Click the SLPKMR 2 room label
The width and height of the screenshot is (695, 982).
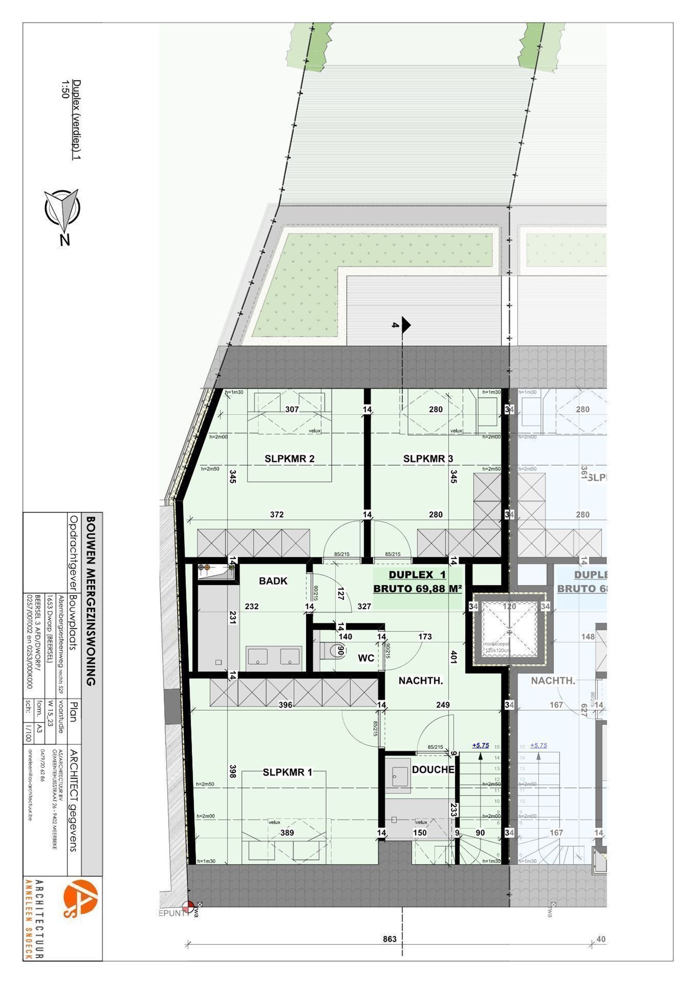(289, 458)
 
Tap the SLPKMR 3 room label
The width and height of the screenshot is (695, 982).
(428, 458)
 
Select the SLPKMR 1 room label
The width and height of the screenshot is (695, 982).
(287, 772)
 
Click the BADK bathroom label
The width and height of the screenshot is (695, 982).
(273, 581)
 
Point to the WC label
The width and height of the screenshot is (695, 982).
(366, 658)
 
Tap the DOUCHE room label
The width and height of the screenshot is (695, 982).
(433, 769)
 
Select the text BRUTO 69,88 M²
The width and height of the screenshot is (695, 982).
(417, 589)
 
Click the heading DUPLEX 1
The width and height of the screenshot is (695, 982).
(417, 574)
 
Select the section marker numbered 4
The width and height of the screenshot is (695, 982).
(403, 324)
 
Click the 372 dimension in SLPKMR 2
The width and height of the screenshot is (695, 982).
(277, 514)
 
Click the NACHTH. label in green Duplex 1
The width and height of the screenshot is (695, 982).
(420, 681)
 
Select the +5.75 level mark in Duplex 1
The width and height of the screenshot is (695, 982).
(480, 745)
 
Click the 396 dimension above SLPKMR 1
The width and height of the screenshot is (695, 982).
(285, 705)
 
